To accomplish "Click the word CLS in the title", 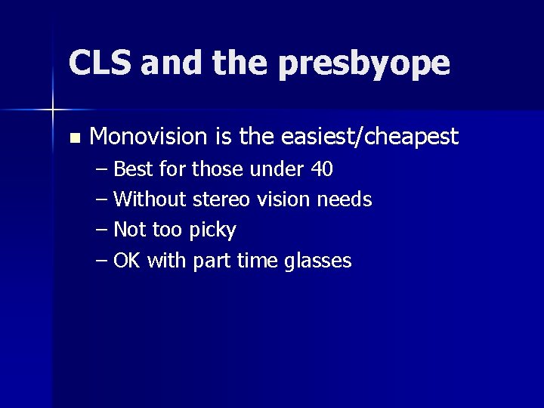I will tap(99, 63).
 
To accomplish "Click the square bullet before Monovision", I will tap(73, 138).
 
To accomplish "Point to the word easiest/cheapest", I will tap(369, 137).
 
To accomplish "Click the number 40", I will tap(321, 169).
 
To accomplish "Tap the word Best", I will tap(134, 169).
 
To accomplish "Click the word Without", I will tap(150, 199).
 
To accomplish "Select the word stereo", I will tap(221, 199).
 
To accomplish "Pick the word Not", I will tap(129, 230).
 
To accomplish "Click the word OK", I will tap(127, 261).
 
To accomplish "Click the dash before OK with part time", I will tap(102, 261).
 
